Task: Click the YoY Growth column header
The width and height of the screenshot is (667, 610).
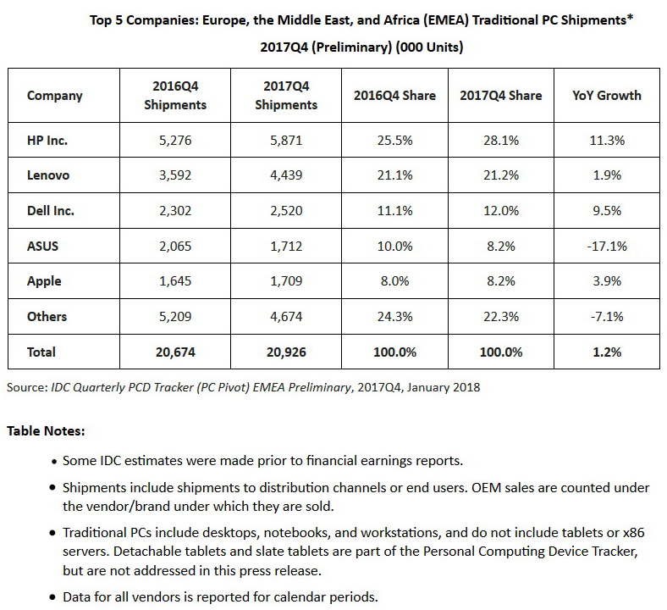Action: (607, 96)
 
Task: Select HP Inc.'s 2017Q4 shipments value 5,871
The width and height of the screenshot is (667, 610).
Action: (285, 141)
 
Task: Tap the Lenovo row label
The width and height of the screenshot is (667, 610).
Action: (48, 175)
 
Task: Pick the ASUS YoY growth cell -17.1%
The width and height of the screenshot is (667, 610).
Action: (607, 246)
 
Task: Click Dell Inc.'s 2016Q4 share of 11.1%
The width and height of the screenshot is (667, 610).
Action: (394, 211)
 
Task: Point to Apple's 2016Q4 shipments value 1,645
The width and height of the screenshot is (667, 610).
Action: (175, 281)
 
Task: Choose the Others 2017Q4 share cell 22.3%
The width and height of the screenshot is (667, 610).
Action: (500, 316)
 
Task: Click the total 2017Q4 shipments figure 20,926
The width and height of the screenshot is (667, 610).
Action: (285, 352)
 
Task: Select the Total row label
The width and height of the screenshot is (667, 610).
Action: (41, 352)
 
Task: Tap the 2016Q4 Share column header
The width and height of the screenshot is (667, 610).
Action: (394, 96)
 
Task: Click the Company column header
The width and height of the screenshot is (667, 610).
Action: (55, 96)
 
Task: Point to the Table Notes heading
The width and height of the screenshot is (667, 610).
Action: (46, 431)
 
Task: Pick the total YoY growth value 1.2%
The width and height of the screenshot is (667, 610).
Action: (607, 352)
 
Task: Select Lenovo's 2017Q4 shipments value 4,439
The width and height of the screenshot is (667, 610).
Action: (285, 175)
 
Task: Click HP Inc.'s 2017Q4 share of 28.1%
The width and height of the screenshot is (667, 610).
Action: (500, 141)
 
